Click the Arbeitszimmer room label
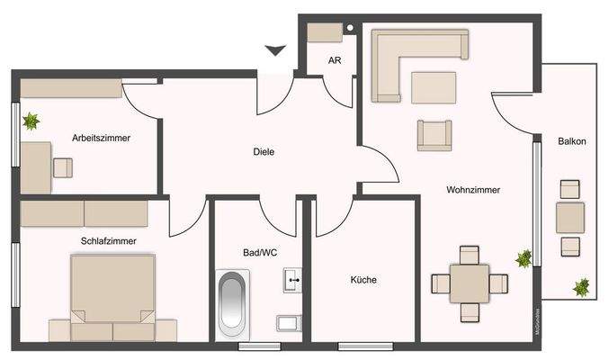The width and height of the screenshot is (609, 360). [102, 138]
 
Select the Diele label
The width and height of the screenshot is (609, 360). [263, 151]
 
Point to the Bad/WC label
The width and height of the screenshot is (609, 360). [260, 253]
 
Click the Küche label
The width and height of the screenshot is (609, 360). [363, 280]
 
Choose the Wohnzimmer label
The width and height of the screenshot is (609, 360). [472, 190]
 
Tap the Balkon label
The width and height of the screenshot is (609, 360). [572, 141]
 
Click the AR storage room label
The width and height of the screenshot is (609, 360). [334, 61]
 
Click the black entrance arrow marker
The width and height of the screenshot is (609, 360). [275, 50]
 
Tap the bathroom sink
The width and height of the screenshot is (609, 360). [292, 282]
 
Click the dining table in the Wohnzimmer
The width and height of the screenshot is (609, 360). [470, 283]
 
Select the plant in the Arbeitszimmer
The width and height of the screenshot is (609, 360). [32, 120]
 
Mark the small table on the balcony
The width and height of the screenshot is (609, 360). [570, 217]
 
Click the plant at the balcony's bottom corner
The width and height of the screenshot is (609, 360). [581, 288]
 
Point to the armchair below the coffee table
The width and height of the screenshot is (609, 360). [434, 135]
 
